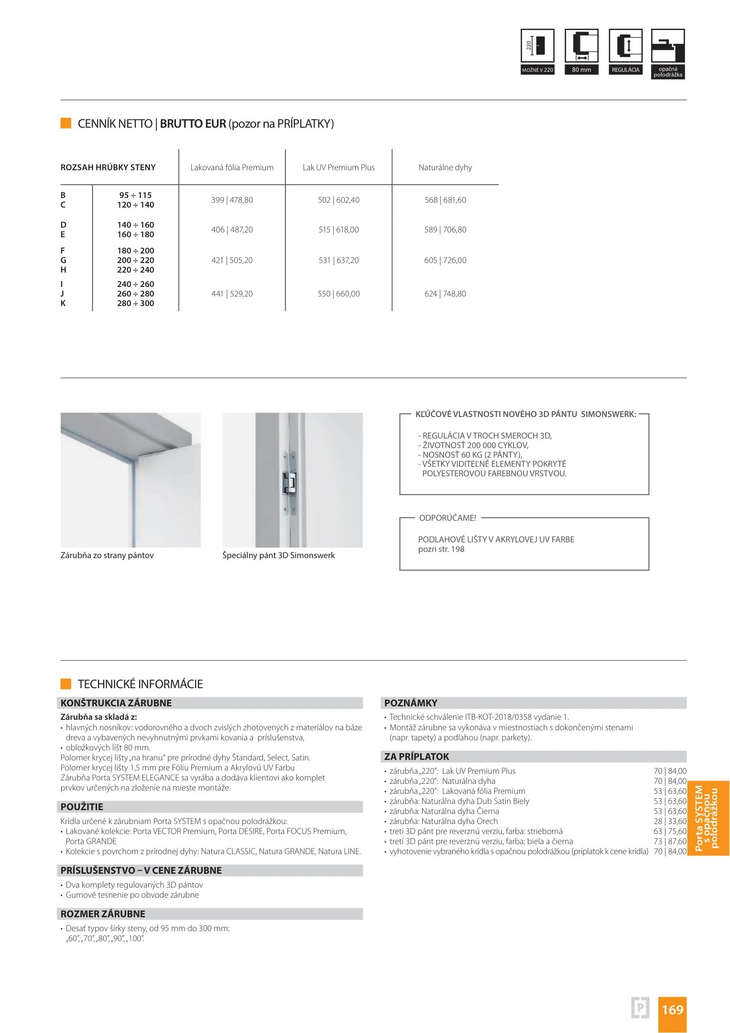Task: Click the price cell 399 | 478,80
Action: (232, 200)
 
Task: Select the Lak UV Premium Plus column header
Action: (338, 167)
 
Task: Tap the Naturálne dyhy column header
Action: (445, 167)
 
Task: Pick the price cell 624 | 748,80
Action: (445, 294)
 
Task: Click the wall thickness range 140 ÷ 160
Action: (136, 225)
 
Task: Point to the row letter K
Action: (63, 303)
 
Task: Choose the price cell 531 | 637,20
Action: (338, 260)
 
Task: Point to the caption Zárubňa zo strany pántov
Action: (107, 555)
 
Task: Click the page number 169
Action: (672, 1010)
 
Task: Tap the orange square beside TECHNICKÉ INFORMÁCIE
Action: (66, 684)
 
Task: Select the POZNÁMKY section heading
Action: (411, 703)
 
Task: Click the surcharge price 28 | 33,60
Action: (670, 821)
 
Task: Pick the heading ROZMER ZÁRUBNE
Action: (103, 914)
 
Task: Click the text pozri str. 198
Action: (441, 549)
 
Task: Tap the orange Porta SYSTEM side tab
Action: (708, 818)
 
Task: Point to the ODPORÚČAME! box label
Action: (447, 518)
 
